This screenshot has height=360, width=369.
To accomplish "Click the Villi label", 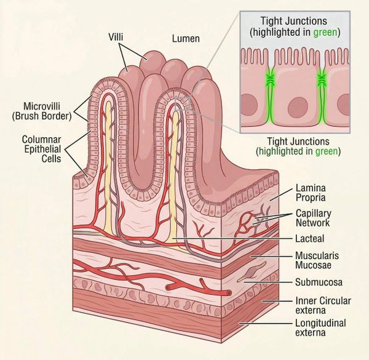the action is click(116, 37).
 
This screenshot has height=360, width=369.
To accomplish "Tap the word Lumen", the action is click(186, 39).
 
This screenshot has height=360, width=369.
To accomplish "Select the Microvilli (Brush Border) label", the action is click(42, 111).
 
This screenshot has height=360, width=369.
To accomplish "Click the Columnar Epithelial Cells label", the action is click(41, 149).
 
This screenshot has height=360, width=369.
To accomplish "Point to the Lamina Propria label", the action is click(311, 193).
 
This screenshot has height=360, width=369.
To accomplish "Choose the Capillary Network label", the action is click(313, 218).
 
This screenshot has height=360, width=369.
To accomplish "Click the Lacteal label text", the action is click(310, 239).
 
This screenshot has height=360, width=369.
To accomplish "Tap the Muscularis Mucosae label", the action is click(317, 260).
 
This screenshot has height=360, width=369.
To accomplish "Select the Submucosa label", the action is click(319, 282).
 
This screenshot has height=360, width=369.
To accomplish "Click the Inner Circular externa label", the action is click(323, 305).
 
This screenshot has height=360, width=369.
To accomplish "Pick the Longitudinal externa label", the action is click(320, 327).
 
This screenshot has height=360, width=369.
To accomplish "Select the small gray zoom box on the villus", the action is click(183, 103).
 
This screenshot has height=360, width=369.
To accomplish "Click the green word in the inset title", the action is click(325, 32).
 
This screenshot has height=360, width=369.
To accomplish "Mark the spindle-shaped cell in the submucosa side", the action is click(253, 271).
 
